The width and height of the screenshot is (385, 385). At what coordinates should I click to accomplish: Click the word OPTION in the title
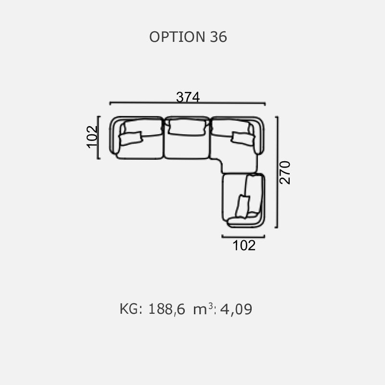177,37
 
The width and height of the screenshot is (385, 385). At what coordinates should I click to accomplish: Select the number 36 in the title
218,37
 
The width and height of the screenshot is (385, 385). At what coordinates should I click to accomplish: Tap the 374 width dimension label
188,97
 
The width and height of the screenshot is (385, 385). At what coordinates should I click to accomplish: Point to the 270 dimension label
285,172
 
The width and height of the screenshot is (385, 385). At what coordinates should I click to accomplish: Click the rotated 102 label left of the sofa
92,137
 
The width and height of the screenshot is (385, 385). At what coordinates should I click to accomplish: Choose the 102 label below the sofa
244,245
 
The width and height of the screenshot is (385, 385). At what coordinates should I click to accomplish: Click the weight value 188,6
167,309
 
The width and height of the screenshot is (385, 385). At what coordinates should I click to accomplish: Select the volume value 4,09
236,309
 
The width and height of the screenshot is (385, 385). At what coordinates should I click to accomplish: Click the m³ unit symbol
203,308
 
